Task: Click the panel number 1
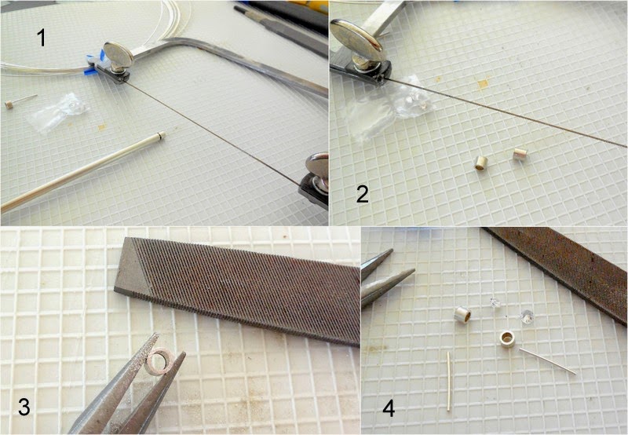[x=42, y=38]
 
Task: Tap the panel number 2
[x=362, y=194]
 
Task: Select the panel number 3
[x=24, y=408]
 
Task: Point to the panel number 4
[x=389, y=408]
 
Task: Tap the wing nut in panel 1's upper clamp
[x=119, y=54]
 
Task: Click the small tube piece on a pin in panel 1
[x=9, y=105]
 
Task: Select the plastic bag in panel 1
[x=57, y=112]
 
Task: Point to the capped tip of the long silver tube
[x=162, y=134]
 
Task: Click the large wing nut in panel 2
[x=357, y=40]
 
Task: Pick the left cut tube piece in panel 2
[x=480, y=163]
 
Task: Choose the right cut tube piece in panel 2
[x=520, y=154]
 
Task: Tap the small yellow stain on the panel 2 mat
[x=483, y=83]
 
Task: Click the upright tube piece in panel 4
[x=462, y=314]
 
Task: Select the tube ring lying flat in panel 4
[x=509, y=339]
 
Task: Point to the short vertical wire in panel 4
[x=448, y=381]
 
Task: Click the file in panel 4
[x=560, y=269]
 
